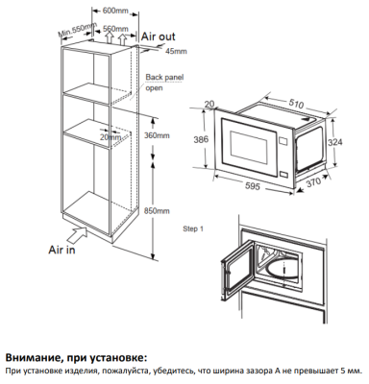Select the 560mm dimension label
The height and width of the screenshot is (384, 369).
click(x=115, y=29)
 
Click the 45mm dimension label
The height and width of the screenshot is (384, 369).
click(x=176, y=50)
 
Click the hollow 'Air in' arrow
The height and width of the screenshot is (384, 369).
click(x=75, y=231)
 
